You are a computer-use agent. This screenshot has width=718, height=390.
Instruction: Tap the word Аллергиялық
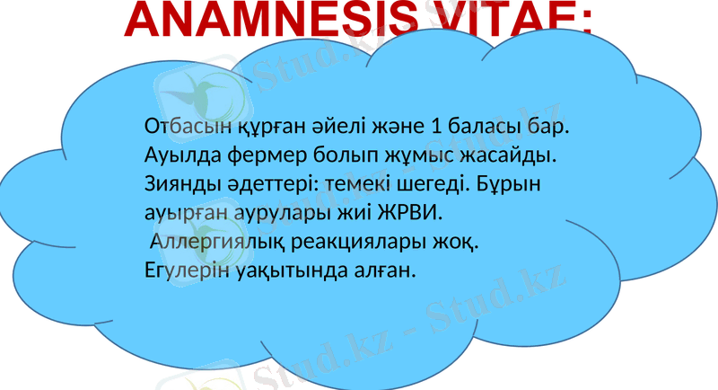tap(215, 243)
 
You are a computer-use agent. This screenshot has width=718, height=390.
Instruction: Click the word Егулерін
tap(180, 270)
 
